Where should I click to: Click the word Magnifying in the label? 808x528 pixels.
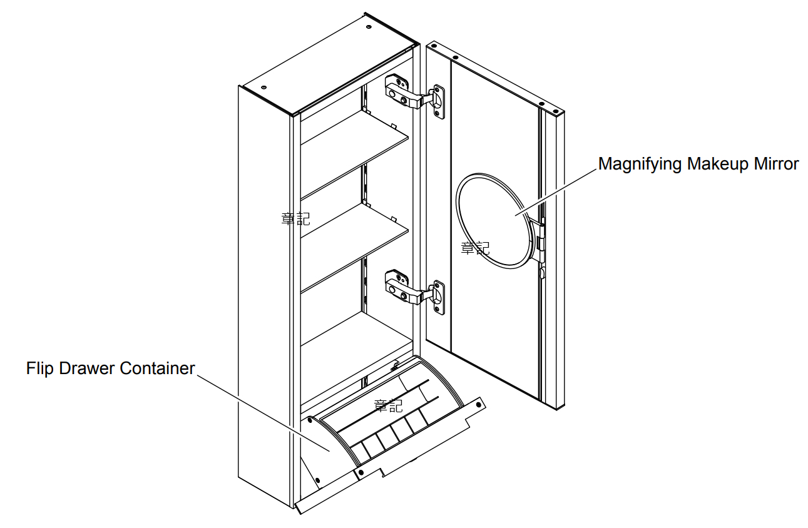tap(640, 165)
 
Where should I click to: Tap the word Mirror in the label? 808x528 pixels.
tap(776, 165)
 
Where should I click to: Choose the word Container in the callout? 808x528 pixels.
tap(157, 368)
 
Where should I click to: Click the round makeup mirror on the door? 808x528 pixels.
tap(494, 219)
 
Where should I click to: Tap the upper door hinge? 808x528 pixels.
tap(414, 94)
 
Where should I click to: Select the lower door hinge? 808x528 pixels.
tap(414, 290)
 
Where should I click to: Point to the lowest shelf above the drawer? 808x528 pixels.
tap(354, 341)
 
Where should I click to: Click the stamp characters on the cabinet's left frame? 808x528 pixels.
tap(295, 218)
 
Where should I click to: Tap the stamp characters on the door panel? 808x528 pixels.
tap(474, 248)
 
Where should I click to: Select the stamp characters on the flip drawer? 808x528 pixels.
tap(388, 405)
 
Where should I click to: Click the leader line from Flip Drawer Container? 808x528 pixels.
tap(263, 413)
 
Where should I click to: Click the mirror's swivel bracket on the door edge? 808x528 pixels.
tap(540, 241)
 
